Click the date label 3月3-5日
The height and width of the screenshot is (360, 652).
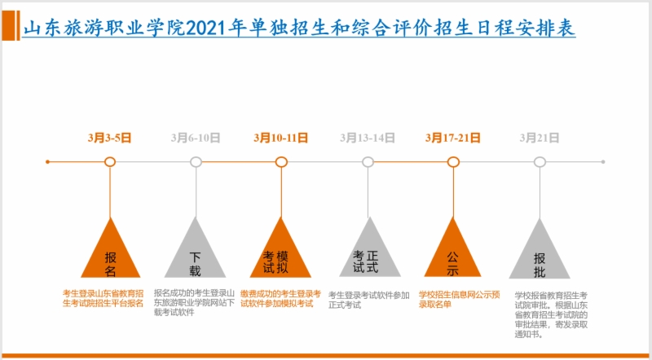coord(110,138)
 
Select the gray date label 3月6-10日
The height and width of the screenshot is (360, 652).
coord(196,138)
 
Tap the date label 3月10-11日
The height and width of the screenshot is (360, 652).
coord(281,138)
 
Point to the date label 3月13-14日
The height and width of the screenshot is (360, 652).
coord(368,138)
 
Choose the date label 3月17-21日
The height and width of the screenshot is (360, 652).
coord(453,138)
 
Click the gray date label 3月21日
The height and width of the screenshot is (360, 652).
coord(540,138)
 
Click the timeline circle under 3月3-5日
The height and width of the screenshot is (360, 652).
coord(110,162)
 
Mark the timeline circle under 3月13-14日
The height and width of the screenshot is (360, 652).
coord(368,162)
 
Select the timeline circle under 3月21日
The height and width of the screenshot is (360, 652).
coord(540,162)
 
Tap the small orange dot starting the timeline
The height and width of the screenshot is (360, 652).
coord(48,162)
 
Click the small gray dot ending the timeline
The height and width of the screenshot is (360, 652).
coord(603,162)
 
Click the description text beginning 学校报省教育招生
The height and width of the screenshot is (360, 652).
coord(551,314)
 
